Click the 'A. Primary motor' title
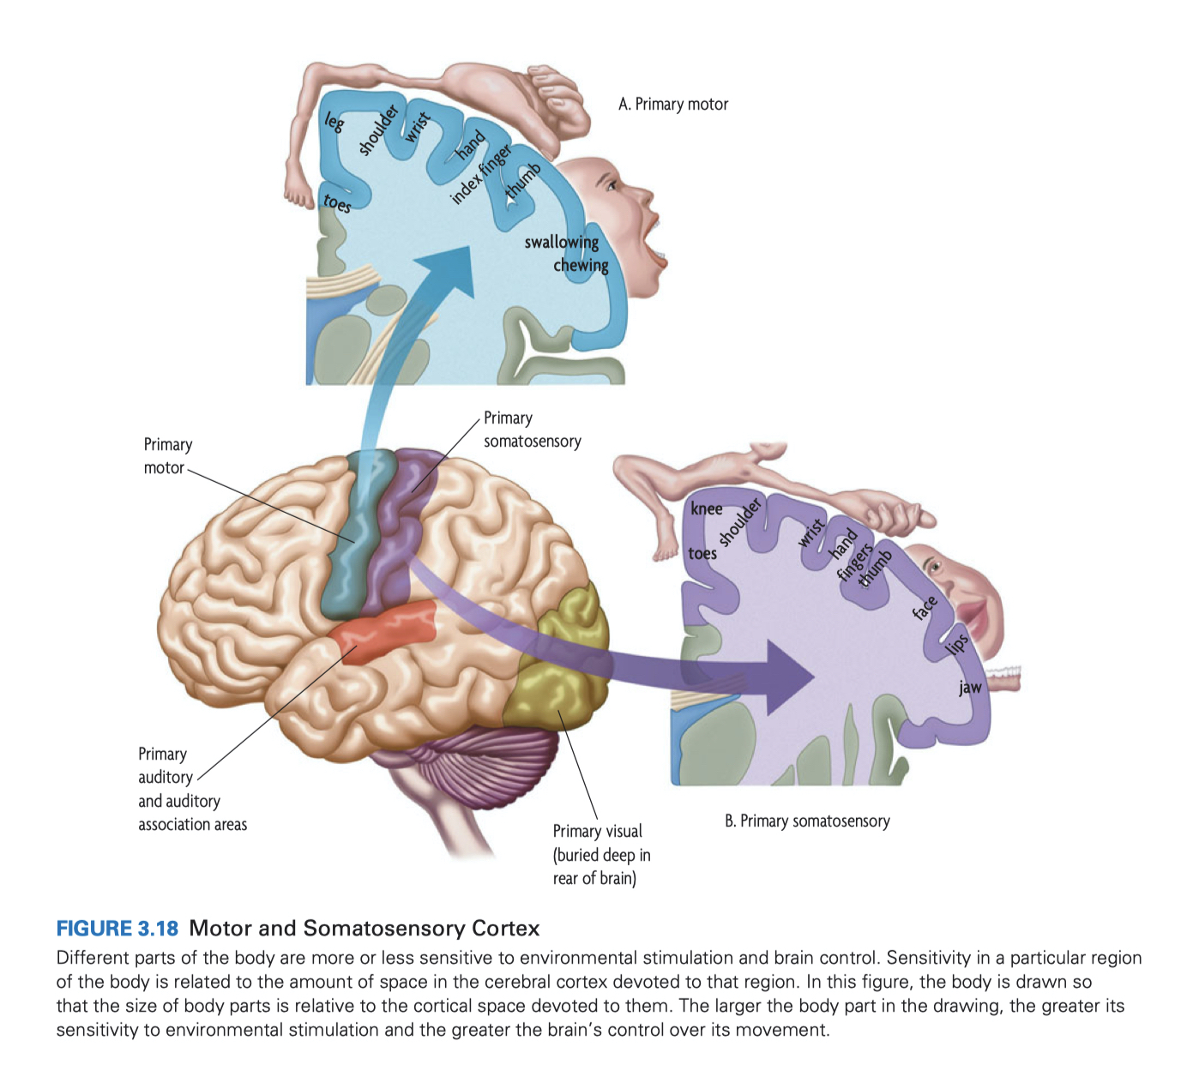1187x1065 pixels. click(x=672, y=105)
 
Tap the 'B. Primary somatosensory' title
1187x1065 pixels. click(x=807, y=821)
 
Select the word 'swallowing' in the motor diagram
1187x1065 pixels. click(x=562, y=242)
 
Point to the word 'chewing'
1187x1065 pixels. click(x=581, y=265)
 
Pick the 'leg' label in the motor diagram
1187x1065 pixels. click(x=334, y=122)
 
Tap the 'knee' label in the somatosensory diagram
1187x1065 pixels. click(x=706, y=508)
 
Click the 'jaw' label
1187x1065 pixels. click(x=970, y=687)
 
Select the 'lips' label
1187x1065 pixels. click(x=956, y=643)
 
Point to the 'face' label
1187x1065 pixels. click(x=925, y=608)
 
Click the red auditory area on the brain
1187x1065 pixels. click(x=388, y=632)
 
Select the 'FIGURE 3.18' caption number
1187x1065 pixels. click(x=117, y=929)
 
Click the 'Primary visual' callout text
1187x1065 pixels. click(x=597, y=831)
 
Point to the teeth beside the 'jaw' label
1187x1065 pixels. click(x=1003, y=677)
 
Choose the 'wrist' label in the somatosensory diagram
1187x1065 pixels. click(x=810, y=532)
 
